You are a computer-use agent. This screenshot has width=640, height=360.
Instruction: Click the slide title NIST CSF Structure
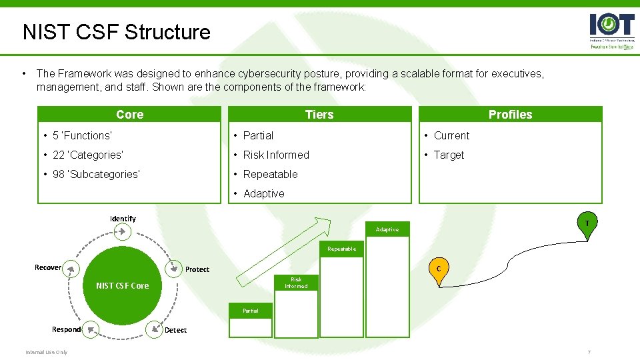(116, 32)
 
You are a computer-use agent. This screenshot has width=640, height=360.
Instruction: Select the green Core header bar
(129, 115)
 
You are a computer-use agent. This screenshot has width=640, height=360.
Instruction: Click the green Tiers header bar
(319, 115)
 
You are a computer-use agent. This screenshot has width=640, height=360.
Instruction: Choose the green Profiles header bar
(510, 115)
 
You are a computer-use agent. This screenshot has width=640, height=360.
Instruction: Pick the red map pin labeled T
(587, 223)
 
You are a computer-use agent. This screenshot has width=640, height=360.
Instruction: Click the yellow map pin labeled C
(438, 269)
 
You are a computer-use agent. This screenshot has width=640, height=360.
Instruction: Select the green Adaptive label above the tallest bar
(387, 229)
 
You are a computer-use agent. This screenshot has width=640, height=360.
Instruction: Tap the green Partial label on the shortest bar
(251, 311)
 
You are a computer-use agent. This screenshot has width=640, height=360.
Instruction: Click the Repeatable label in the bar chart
(341, 249)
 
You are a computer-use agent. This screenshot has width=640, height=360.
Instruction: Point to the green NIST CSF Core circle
(123, 285)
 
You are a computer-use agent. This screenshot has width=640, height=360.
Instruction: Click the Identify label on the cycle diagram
(123, 219)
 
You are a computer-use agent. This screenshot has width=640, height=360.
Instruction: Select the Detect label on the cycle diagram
(175, 330)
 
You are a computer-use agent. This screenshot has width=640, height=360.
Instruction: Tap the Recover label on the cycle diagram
(48, 267)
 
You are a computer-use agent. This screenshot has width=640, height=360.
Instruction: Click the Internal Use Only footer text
(47, 352)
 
